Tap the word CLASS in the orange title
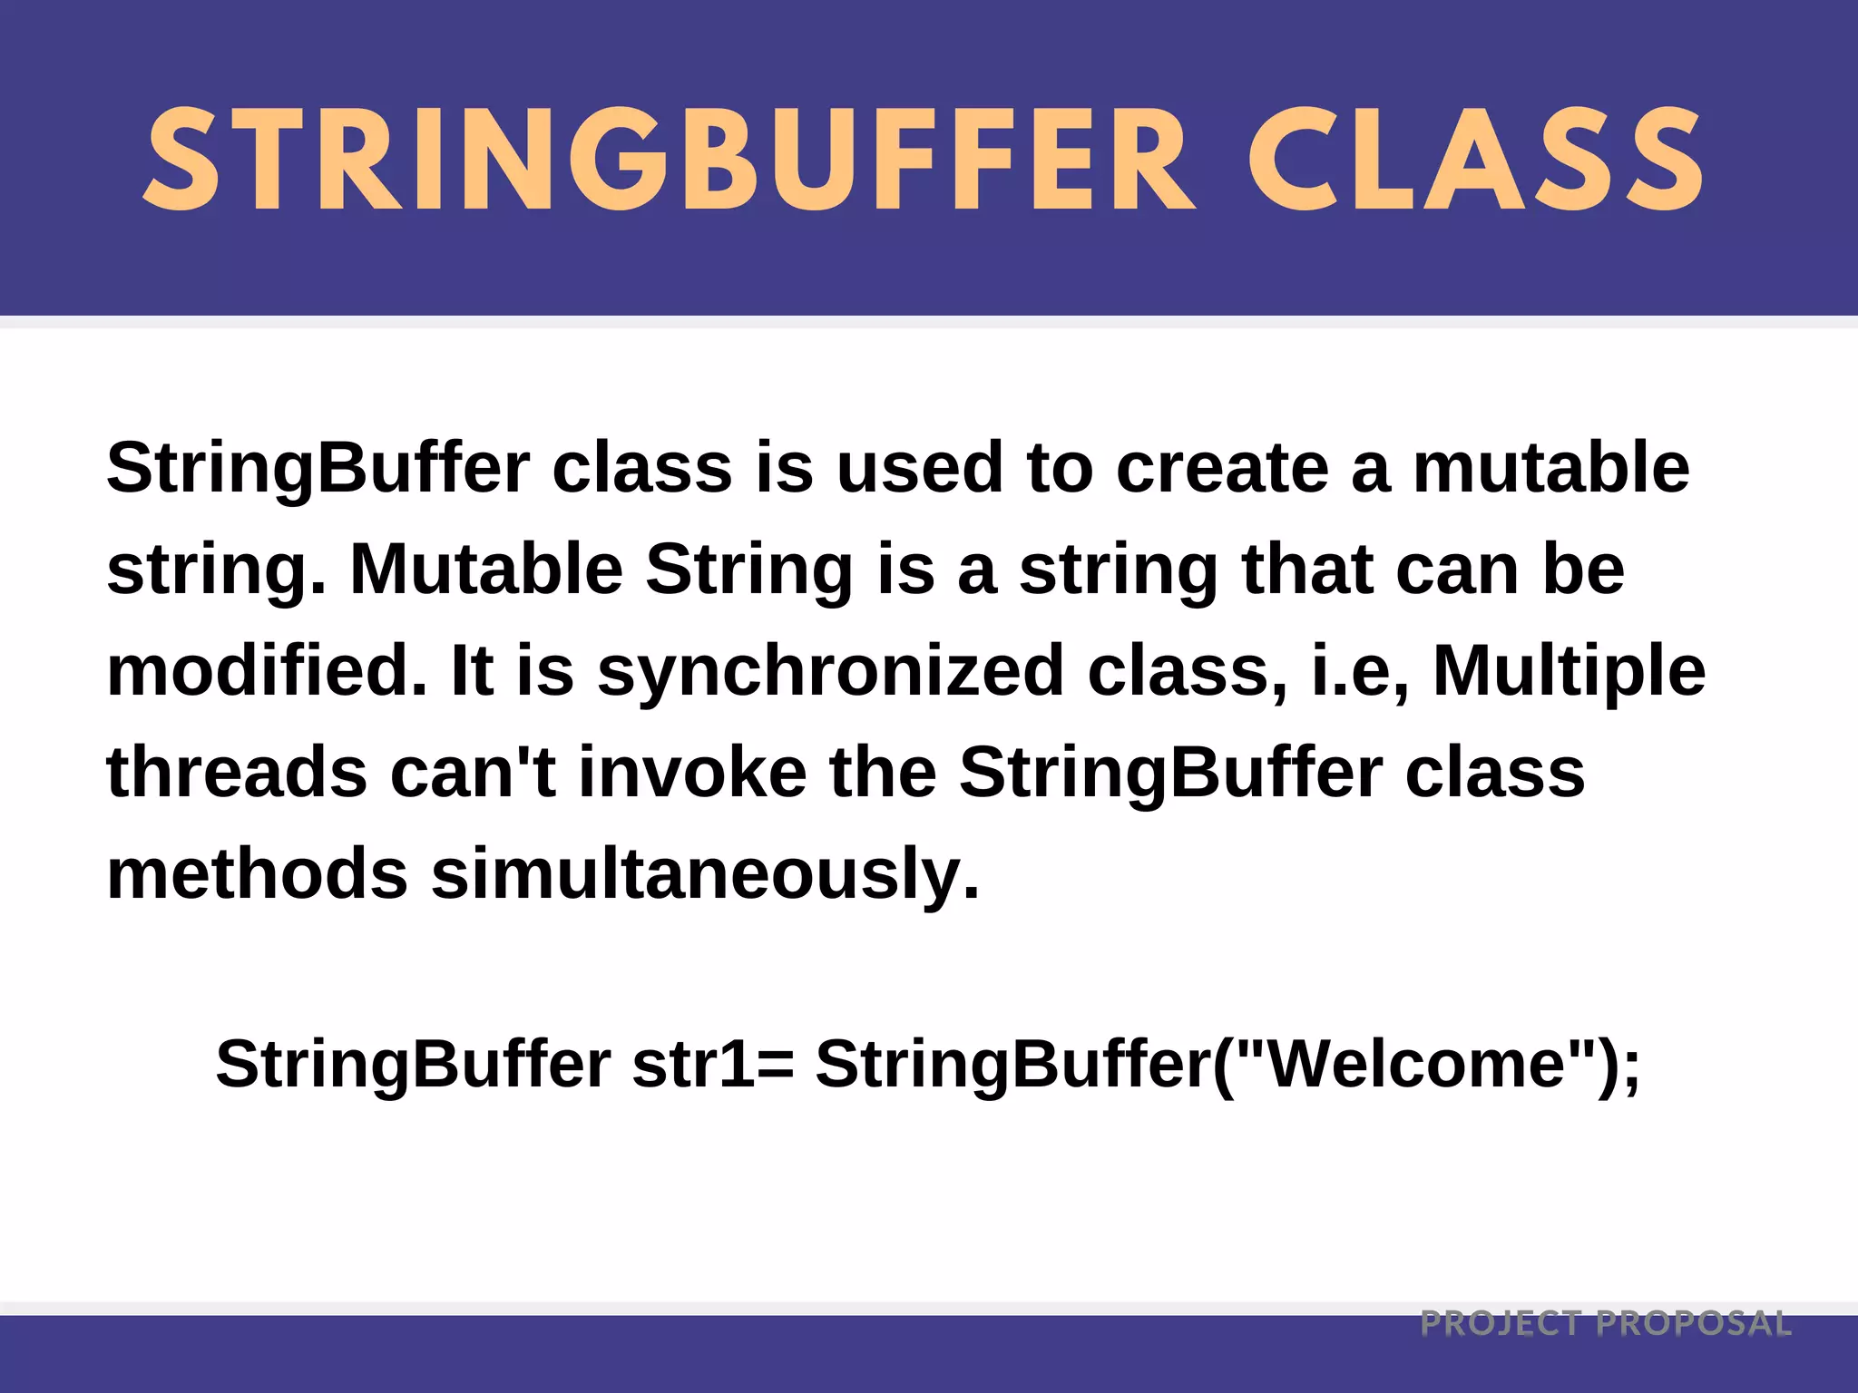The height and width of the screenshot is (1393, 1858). point(1476,161)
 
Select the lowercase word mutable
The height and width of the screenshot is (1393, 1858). point(1550,469)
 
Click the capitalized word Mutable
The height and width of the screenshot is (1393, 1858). point(486,570)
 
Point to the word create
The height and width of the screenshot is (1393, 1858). point(1221,469)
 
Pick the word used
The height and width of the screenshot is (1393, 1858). point(919,469)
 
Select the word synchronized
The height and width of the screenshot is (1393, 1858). point(830,672)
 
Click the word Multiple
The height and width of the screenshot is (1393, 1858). point(1569,672)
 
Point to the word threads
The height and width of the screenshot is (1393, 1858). point(237,774)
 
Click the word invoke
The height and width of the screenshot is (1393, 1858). point(692,774)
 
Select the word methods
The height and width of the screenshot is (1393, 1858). point(258,875)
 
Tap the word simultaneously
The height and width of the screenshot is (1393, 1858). point(705,875)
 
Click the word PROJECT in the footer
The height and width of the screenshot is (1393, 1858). point(1501,1324)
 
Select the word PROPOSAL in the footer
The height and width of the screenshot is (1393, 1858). point(1694,1324)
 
